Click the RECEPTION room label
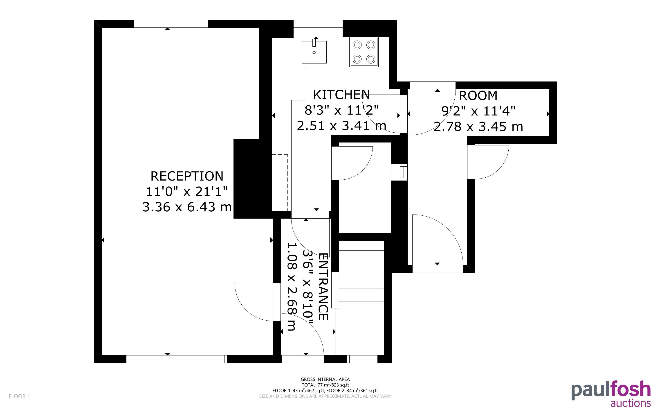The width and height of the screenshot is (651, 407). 187,176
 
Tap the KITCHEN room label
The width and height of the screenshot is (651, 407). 341,95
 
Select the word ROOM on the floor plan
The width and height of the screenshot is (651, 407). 478,95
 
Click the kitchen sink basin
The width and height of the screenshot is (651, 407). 314,52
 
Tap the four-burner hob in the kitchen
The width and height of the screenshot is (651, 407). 364,52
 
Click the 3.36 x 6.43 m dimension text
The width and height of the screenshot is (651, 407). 187,207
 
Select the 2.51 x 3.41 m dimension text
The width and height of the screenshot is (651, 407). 341,126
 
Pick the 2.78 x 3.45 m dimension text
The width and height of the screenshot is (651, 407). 478,127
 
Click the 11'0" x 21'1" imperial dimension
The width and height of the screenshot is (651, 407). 187,192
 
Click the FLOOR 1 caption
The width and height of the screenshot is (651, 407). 19,396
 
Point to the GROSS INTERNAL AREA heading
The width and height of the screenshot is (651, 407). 325,379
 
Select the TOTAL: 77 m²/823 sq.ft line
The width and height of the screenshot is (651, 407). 325,385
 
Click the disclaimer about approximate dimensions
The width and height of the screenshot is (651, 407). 325,396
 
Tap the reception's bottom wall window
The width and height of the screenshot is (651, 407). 176,359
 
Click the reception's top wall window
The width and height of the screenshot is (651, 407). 171,24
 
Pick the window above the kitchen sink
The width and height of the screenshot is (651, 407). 318,24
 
